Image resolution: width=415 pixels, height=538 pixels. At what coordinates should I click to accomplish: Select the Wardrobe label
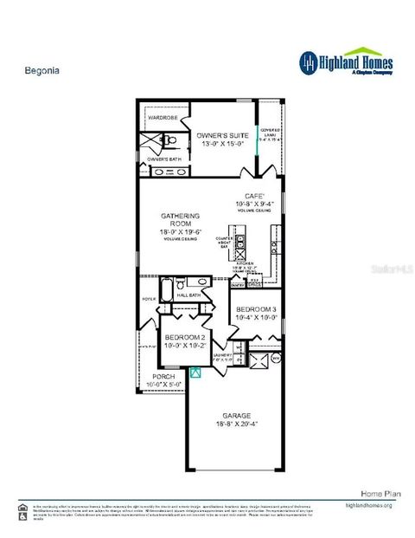tap(163, 116)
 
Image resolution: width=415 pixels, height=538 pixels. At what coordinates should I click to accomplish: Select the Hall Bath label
tap(188, 295)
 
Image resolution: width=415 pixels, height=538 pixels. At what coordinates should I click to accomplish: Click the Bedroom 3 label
tap(256, 309)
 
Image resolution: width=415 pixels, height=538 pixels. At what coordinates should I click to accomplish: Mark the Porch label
tap(163, 377)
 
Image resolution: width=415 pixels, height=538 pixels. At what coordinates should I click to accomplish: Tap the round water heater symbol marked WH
tap(276, 357)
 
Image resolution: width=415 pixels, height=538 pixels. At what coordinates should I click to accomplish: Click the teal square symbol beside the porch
tap(195, 373)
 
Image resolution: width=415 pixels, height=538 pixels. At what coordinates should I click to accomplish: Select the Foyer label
tap(146, 300)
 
